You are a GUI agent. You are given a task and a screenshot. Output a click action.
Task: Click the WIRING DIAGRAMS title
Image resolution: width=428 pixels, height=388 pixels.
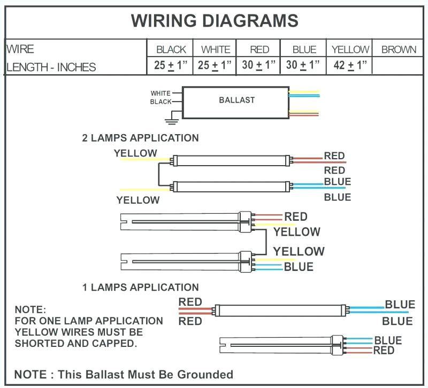point(215,20)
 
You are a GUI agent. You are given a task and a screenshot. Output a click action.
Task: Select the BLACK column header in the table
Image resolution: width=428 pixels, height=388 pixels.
point(171,50)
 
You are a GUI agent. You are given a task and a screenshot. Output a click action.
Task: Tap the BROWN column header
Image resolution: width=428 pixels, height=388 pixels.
point(399,50)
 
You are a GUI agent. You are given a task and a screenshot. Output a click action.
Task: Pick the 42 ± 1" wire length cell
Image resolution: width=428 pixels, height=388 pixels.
point(350,65)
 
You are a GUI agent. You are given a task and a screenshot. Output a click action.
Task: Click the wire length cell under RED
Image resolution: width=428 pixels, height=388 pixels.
point(259,65)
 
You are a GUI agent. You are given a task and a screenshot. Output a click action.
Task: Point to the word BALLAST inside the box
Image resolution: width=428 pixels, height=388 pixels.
point(237,100)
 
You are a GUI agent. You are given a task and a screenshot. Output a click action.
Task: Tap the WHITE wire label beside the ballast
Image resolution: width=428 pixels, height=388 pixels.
point(160,93)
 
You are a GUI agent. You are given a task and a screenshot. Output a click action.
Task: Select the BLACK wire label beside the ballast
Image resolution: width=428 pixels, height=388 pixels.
point(161,102)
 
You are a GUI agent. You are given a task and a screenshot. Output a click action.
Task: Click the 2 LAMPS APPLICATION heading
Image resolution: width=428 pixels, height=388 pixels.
point(140,138)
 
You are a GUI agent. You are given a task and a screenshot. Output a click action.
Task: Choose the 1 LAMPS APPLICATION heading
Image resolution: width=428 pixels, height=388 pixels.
point(141,287)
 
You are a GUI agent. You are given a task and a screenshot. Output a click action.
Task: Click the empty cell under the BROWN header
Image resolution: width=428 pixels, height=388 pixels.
point(398,65)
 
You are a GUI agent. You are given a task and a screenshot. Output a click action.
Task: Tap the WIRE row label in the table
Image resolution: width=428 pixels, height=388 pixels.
point(20,49)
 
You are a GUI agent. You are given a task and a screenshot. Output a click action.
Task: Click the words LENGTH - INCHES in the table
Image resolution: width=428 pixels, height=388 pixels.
point(51,67)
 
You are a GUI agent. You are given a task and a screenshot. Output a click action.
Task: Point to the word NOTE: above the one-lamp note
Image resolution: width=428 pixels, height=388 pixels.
point(30,310)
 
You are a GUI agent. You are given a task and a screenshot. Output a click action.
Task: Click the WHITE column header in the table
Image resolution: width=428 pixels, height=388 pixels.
point(216,50)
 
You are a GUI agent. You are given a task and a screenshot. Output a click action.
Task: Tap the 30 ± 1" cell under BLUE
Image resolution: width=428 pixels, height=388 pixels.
point(303,65)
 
